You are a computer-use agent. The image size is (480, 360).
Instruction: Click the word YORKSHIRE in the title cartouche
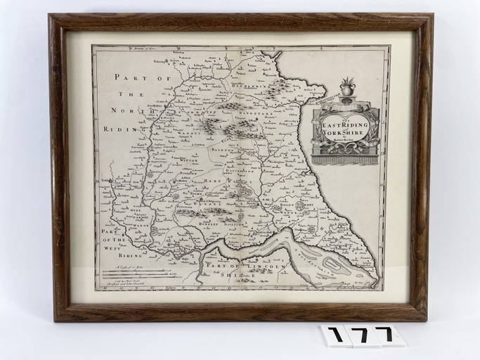[344, 131]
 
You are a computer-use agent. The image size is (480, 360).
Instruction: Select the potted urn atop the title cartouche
[346, 88]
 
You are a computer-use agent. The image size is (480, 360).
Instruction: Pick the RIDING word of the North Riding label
[116, 129]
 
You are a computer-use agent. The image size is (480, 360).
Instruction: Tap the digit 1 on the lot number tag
[337, 335]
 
